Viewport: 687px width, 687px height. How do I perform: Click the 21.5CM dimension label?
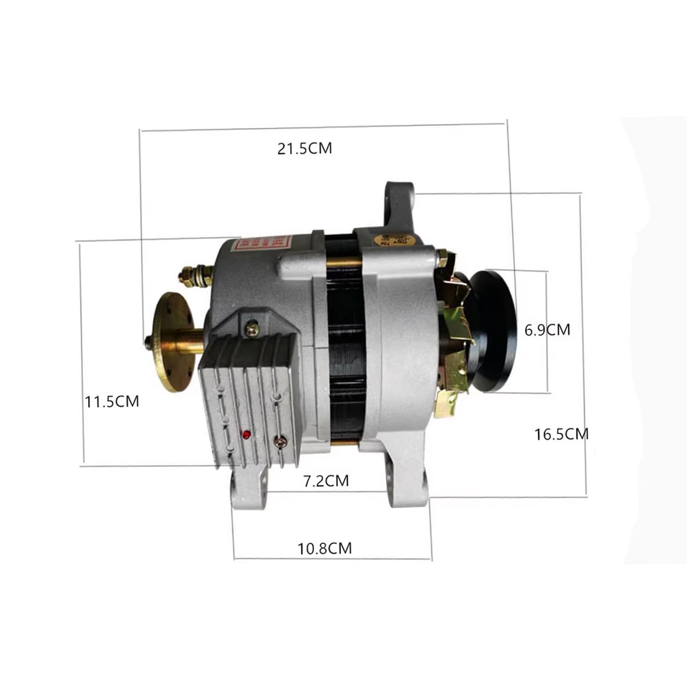[x=305, y=148]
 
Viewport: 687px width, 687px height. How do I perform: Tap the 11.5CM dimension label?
[x=112, y=401]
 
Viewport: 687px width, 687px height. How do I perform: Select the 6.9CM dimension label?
[x=547, y=330]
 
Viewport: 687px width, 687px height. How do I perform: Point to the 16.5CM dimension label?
[x=561, y=434]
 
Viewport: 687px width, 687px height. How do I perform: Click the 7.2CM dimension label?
[x=326, y=481]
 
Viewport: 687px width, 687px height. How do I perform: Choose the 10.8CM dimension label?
[x=325, y=548]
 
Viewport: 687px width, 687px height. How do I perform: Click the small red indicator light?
[x=246, y=435]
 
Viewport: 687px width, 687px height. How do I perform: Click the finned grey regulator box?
[x=249, y=395]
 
